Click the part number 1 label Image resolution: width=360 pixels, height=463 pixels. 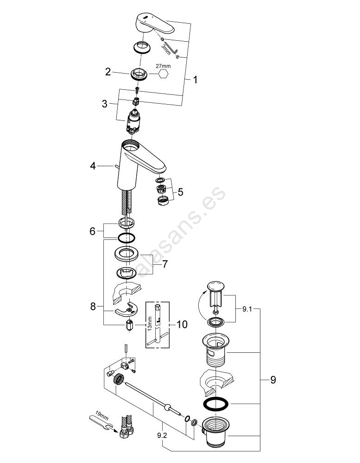click(x=195, y=80)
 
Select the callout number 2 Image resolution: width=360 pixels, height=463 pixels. click(x=108, y=72)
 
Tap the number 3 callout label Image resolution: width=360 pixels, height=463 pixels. click(x=105, y=103)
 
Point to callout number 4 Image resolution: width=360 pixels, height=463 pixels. click(x=93, y=166)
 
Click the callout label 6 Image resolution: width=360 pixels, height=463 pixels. click(x=93, y=230)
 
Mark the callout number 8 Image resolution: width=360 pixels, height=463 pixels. click(x=93, y=306)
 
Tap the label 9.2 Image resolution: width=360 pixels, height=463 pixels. click(x=162, y=436)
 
